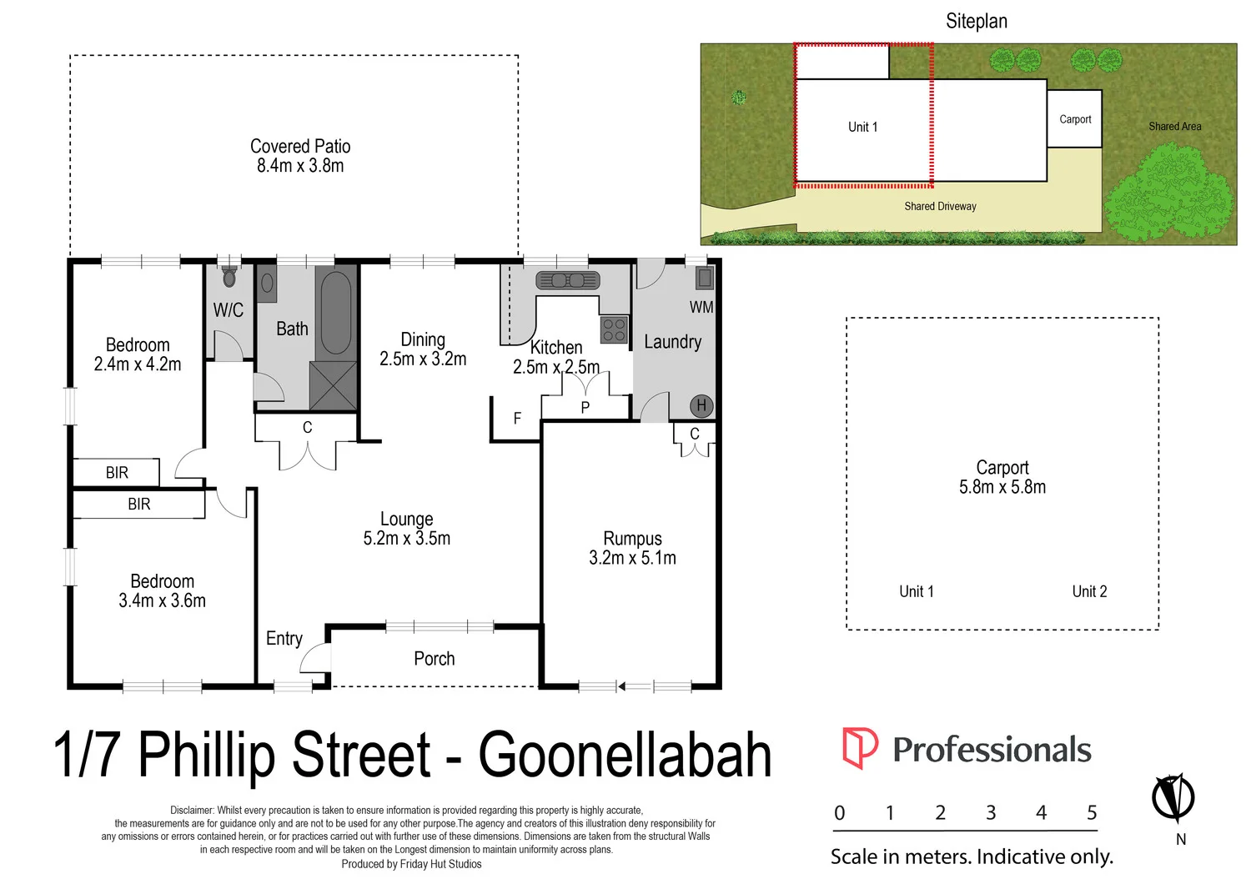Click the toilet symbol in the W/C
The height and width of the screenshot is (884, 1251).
click(x=229, y=276)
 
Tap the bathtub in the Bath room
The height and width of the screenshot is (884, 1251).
click(x=335, y=313)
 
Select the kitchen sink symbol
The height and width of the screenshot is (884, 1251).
click(x=567, y=280)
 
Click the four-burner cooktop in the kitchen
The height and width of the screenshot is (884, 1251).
click(x=614, y=329)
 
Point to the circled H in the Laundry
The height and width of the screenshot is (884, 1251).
click(x=701, y=405)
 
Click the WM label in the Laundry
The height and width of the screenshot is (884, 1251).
click(x=701, y=307)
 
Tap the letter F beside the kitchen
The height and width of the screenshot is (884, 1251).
click(x=517, y=418)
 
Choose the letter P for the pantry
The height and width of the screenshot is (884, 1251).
click(x=585, y=407)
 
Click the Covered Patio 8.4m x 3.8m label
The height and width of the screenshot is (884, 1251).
click(x=300, y=156)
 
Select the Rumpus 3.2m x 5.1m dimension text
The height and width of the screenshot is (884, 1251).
click(x=632, y=558)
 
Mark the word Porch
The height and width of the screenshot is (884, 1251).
click(x=435, y=659)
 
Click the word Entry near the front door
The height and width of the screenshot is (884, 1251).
click(x=284, y=639)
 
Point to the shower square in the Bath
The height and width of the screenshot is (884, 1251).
click(x=334, y=385)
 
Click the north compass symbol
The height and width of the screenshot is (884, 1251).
click(x=1173, y=798)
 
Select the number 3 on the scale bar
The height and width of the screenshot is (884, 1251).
click(x=991, y=813)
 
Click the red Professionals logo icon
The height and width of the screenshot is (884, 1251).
click(x=859, y=747)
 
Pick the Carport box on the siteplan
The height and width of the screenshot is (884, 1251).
click(x=1074, y=119)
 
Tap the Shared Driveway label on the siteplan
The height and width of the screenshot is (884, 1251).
click(x=940, y=206)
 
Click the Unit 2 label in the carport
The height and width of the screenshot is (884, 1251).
click(x=1089, y=591)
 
